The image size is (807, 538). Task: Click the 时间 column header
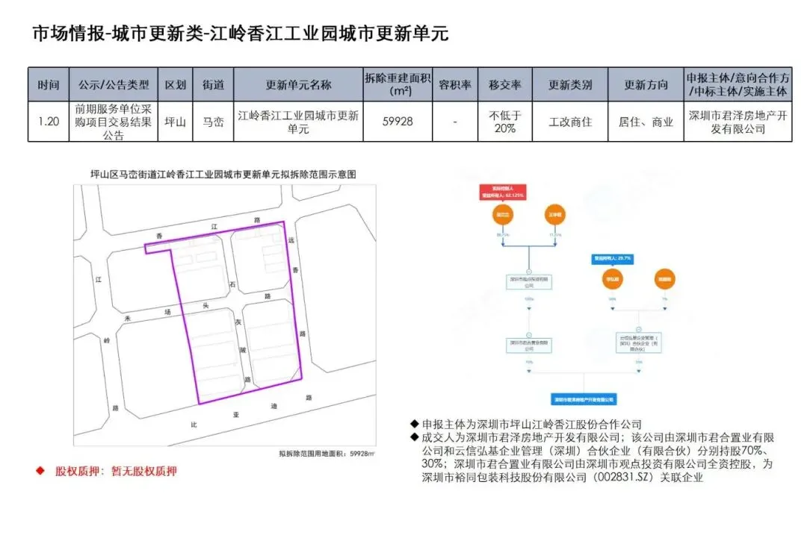click(49, 85)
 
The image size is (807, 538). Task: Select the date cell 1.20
click(49, 121)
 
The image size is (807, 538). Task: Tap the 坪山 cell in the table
click(175, 121)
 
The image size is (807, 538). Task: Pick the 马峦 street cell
click(213, 121)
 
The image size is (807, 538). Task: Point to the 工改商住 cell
click(569, 121)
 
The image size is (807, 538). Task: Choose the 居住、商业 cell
click(646, 121)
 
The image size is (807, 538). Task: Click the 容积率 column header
click(454, 85)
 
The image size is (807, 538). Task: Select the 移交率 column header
click(504, 85)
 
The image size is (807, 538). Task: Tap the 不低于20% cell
click(504, 121)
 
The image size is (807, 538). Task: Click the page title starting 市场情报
click(240, 34)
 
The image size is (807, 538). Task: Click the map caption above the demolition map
click(222, 174)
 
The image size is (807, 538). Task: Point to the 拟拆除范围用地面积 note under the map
click(326, 452)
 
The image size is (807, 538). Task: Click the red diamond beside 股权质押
click(40, 471)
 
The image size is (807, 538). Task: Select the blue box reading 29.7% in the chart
click(613, 258)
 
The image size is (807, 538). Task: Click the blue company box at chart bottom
click(585, 399)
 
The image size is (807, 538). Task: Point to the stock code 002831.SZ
click(617, 478)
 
